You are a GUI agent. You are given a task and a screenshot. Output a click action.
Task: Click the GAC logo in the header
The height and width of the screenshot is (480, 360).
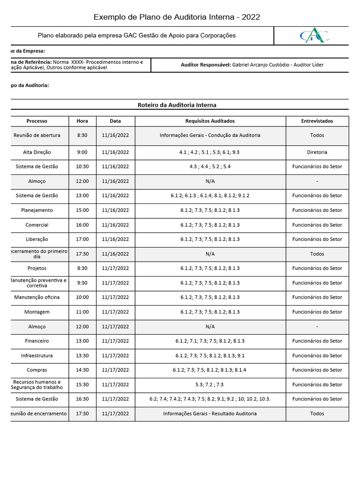coord(314,36)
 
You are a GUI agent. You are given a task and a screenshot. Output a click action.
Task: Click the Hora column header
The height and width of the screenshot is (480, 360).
coord(82,121)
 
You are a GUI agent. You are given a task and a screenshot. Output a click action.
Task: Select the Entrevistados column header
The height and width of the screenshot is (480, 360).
coord(317,121)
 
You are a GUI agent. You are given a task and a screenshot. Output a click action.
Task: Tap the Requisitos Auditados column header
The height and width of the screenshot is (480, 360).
coord(210,121)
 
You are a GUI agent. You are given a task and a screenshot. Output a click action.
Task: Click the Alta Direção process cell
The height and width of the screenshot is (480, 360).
coord(37,152)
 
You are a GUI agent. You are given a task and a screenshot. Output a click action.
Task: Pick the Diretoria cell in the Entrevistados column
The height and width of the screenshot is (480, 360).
coord(317,152)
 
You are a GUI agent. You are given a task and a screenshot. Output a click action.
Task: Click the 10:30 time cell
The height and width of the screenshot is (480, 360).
coord(82,166)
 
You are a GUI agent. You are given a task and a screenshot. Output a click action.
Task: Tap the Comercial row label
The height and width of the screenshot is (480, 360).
coord(37,225)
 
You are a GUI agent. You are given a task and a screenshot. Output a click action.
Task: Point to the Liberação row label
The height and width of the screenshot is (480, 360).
coord(37,240)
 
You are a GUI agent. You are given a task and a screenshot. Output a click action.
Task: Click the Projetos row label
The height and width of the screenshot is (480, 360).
coord(37,269)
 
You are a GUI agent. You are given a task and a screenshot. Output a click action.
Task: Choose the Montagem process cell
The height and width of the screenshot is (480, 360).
coord(37,312)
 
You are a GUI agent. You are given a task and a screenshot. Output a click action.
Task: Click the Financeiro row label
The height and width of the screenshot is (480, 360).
coord(37,341)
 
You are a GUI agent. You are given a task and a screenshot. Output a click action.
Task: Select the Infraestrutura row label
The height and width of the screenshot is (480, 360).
coord(37,356)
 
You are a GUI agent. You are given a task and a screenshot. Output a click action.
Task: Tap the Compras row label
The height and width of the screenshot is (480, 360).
coord(37,370)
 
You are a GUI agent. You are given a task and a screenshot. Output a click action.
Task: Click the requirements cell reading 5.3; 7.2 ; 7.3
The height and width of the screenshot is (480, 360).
coord(210,385)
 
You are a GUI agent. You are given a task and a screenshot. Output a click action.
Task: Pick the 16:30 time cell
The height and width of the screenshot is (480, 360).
coord(82,399)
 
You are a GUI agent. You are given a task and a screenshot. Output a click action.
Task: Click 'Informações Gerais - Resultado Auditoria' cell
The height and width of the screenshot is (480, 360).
coord(210,414)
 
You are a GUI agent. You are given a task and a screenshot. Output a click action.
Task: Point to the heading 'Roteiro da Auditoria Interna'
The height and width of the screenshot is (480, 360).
coord(177,105)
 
